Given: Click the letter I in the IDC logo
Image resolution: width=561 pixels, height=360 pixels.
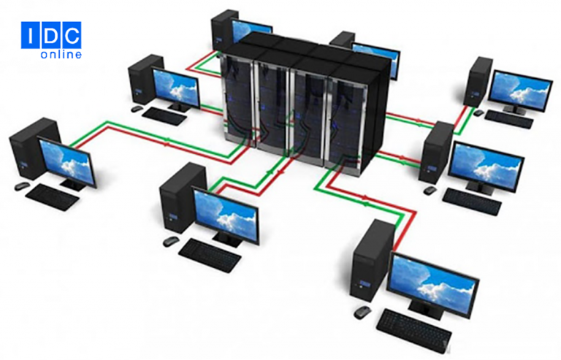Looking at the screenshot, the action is tap(31, 35).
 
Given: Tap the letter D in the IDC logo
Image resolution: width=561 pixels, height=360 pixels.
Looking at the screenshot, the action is tap(52, 35).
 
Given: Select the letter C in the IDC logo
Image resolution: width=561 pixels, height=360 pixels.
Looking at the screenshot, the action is tap(72, 35).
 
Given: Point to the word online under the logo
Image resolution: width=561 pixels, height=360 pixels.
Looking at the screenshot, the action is tap(61, 54).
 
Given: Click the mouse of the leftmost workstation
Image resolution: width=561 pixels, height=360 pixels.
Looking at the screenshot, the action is tap(22, 186).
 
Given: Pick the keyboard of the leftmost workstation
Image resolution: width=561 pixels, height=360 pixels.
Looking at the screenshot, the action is tap(53, 197).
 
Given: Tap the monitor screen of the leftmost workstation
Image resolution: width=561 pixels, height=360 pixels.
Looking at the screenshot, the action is tap(66, 161).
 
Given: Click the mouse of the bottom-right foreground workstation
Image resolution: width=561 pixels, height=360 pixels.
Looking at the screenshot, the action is tap(363, 313).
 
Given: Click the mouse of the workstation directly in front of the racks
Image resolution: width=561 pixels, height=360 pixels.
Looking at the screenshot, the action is tap(171, 242).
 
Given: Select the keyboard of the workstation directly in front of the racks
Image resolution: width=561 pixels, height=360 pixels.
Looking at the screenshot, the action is tap(210, 255).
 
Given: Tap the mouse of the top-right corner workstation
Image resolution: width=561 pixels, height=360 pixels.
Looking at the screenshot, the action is tap(478, 112).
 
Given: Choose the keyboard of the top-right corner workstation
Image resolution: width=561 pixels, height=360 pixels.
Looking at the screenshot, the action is tap(509, 119).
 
